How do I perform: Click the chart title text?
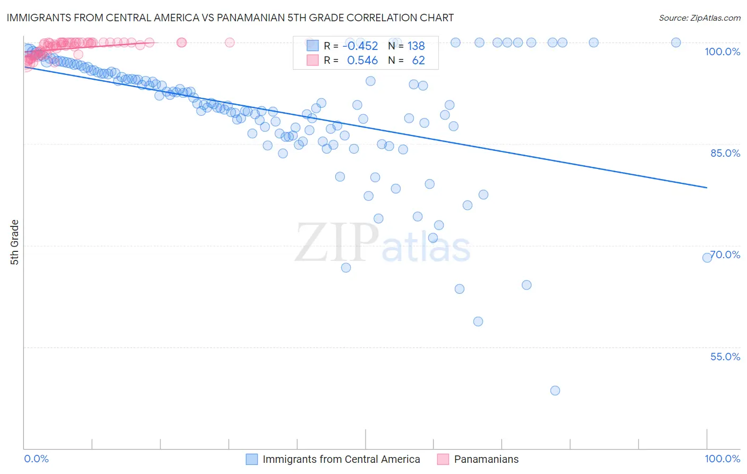(x=230, y=18)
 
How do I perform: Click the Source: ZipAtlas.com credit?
(x=699, y=18)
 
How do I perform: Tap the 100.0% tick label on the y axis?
(x=722, y=52)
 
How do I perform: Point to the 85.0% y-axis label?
(x=725, y=153)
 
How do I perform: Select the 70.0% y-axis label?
(x=726, y=255)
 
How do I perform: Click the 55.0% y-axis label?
(x=725, y=357)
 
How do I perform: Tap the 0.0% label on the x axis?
(x=36, y=459)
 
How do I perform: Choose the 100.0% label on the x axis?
(x=722, y=459)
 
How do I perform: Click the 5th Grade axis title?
(x=15, y=242)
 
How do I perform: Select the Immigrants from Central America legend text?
(x=341, y=459)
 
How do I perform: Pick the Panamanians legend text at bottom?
(x=486, y=459)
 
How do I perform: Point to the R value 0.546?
(x=362, y=60)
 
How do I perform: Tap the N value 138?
(x=416, y=46)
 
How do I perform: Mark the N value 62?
(x=418, y=60)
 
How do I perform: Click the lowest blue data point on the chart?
(x=555, y=391)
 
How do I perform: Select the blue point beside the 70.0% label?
(x=707, y=258)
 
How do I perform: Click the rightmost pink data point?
(x=230, y=43)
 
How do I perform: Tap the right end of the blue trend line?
(x=707, y=188)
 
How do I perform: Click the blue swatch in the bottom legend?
(x=252, y=459)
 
